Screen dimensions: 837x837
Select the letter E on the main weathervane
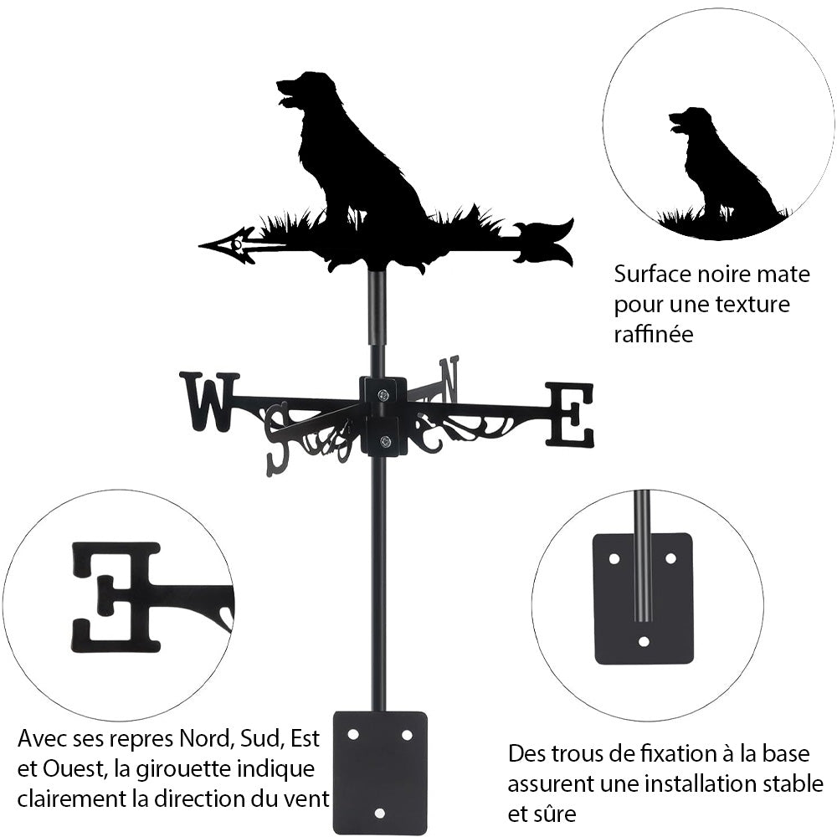pyautogui.click(x=570, y=414)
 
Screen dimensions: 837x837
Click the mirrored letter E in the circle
pyautogui.click(x=117, y=596)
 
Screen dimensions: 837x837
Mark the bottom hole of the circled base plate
pyautogui.click(x=643, y=642)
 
